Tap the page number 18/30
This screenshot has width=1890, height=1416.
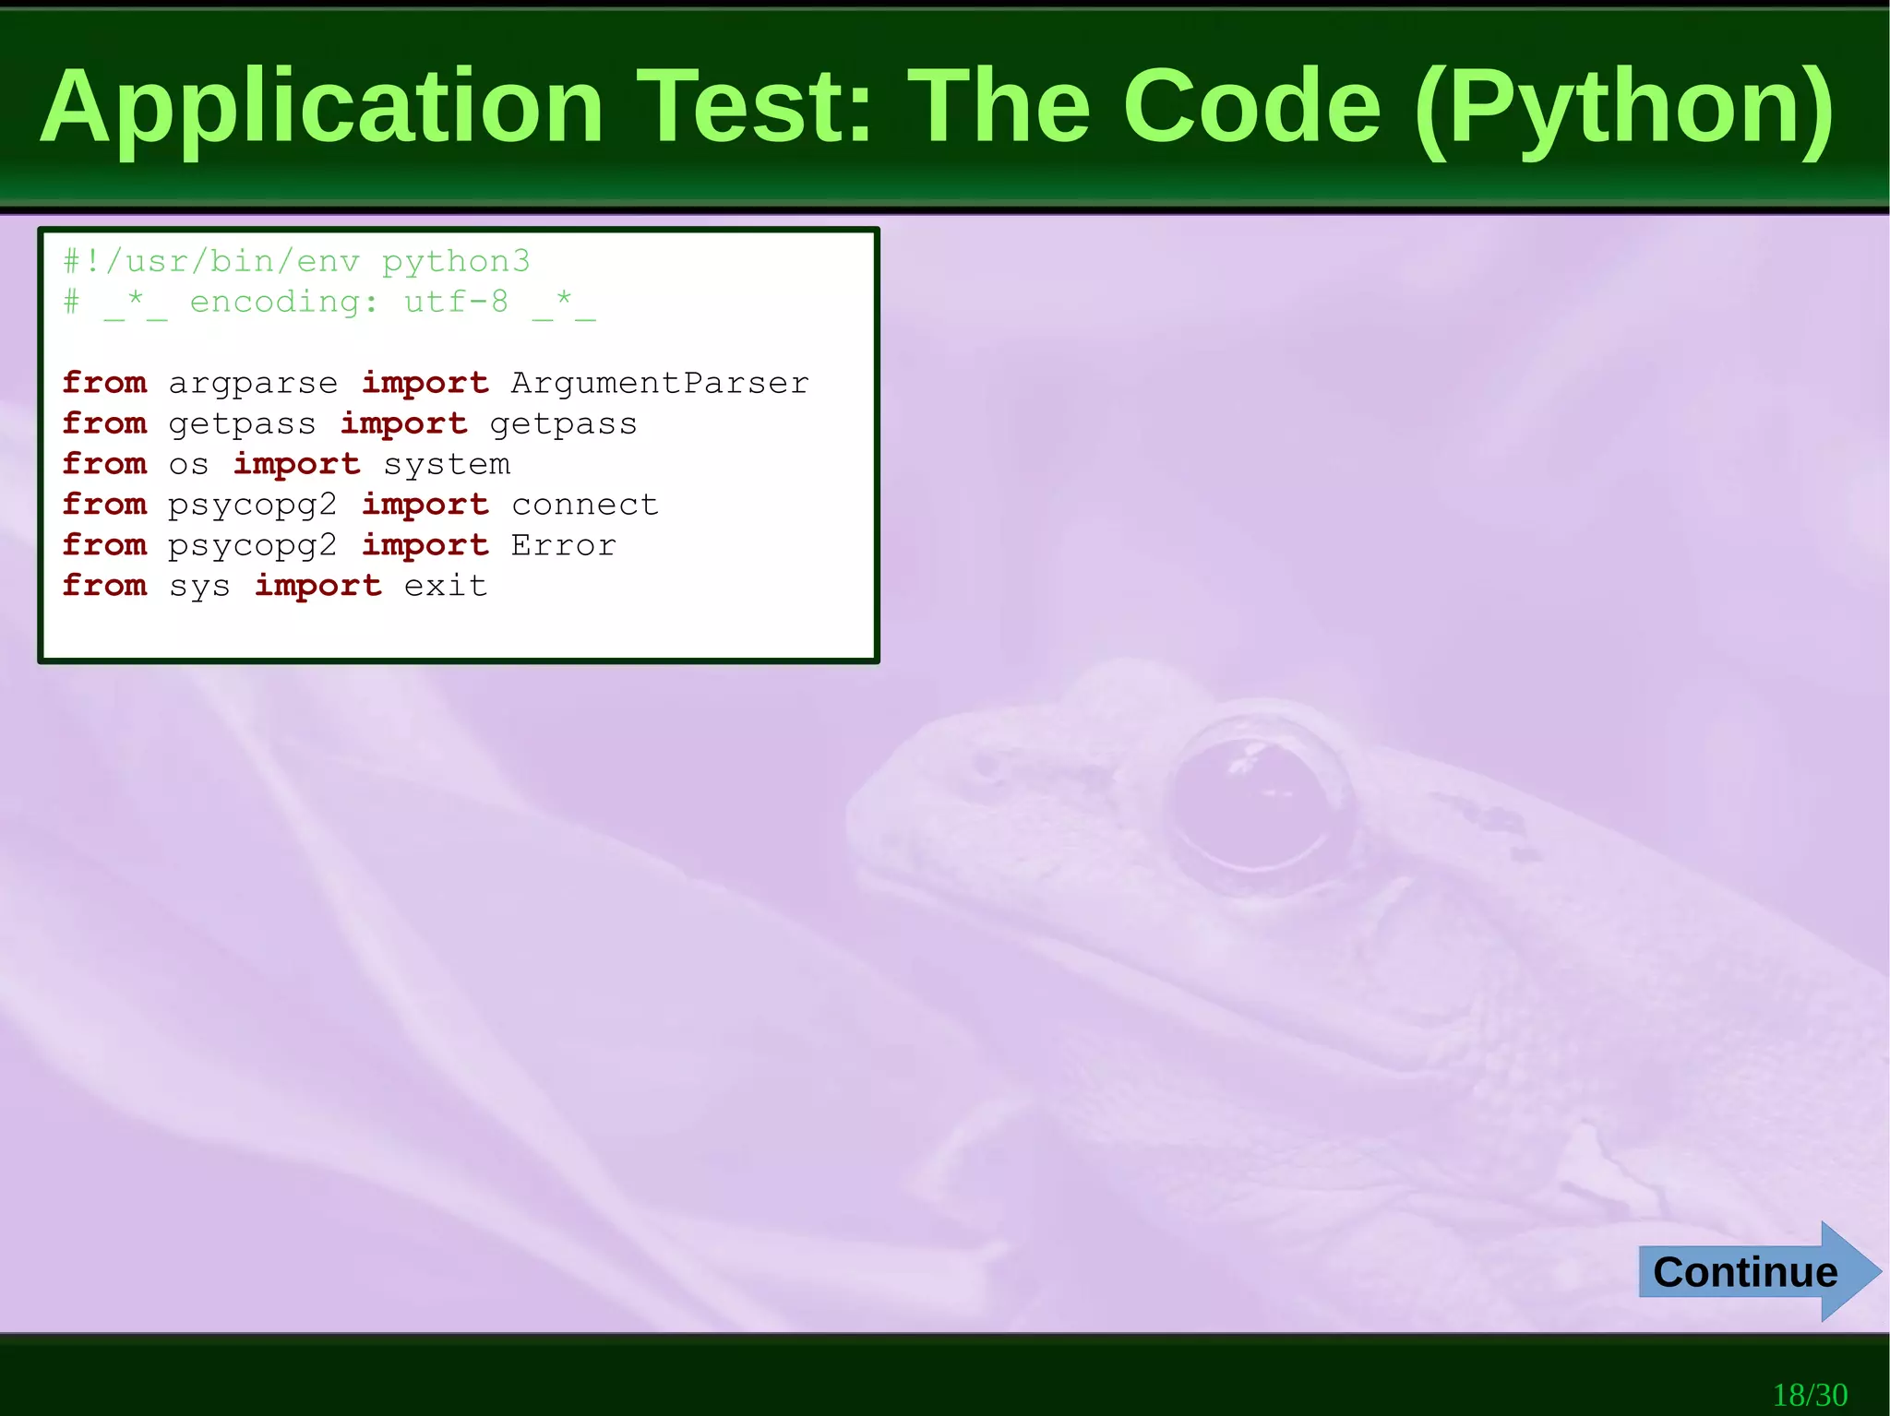click(x=1810, y=1394)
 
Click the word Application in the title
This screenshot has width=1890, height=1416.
click(x=321, y=109)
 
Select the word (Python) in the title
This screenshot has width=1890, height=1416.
click(x=1624, y=109)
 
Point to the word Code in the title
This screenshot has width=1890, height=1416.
click(x=1251, y=107)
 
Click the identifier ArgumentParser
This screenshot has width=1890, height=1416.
click(x=660, y=383)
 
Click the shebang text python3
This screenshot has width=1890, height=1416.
click(x=456, y=263)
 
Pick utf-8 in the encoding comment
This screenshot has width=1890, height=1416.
click(x=456, y=303)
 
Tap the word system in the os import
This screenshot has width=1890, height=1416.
click(x=447, y=465)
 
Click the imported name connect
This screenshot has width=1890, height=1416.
click(x=584, y=505)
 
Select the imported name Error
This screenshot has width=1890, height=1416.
click(x=563, y=545)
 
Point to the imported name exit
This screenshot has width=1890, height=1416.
click(x=446, y=586)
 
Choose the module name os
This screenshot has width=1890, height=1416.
click(x=188, y=465)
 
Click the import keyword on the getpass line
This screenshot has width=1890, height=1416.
click(x=403, y=424)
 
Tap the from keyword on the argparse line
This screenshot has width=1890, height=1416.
click(x=104, y=383)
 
